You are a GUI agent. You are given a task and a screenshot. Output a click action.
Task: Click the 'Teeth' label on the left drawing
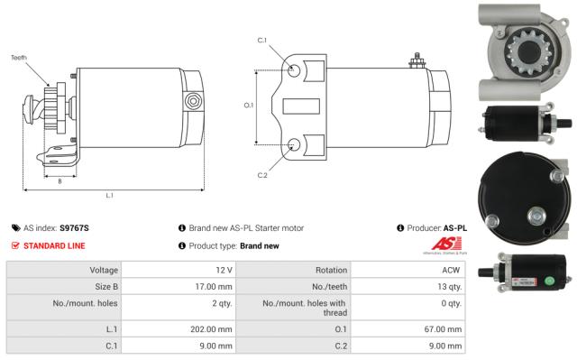tap(19, 57)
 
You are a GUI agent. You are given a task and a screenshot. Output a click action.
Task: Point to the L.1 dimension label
tap(109, 195)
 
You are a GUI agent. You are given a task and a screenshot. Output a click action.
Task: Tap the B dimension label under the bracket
tap(60, 180)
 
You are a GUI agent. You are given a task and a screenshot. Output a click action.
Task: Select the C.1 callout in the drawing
tap(262, 40)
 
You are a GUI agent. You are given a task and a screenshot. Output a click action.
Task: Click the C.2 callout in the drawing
tap(262, 174)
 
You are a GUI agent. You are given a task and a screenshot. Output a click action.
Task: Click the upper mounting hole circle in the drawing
tap(295, 69)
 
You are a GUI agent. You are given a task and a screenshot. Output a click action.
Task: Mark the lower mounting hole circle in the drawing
tap(295, 144)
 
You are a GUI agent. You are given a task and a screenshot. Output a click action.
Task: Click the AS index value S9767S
tap(74, 228)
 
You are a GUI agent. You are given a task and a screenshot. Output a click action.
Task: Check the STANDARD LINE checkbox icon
tap(15, 245)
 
